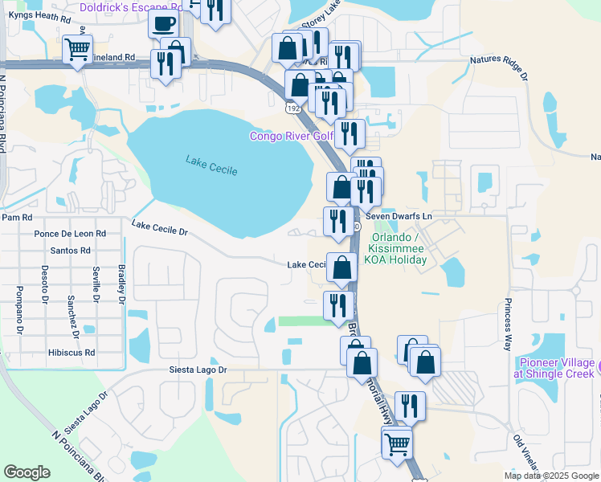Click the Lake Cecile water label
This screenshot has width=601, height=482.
(206, 162)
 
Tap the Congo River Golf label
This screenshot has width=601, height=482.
(291, 136)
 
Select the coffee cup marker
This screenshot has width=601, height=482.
(164, 24)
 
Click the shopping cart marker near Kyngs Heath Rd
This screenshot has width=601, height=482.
(77, 51)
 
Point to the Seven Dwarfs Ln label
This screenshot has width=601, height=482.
(399, 216)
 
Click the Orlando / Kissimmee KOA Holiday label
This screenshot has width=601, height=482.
(405, 248)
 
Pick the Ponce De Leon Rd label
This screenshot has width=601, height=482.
(70, 234)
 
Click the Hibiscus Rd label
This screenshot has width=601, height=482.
(72, 352)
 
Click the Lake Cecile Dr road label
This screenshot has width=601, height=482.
(159, 230)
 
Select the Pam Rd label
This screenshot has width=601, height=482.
(17, 217)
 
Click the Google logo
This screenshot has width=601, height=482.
(27, 472)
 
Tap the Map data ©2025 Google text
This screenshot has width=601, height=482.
(550, 476)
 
